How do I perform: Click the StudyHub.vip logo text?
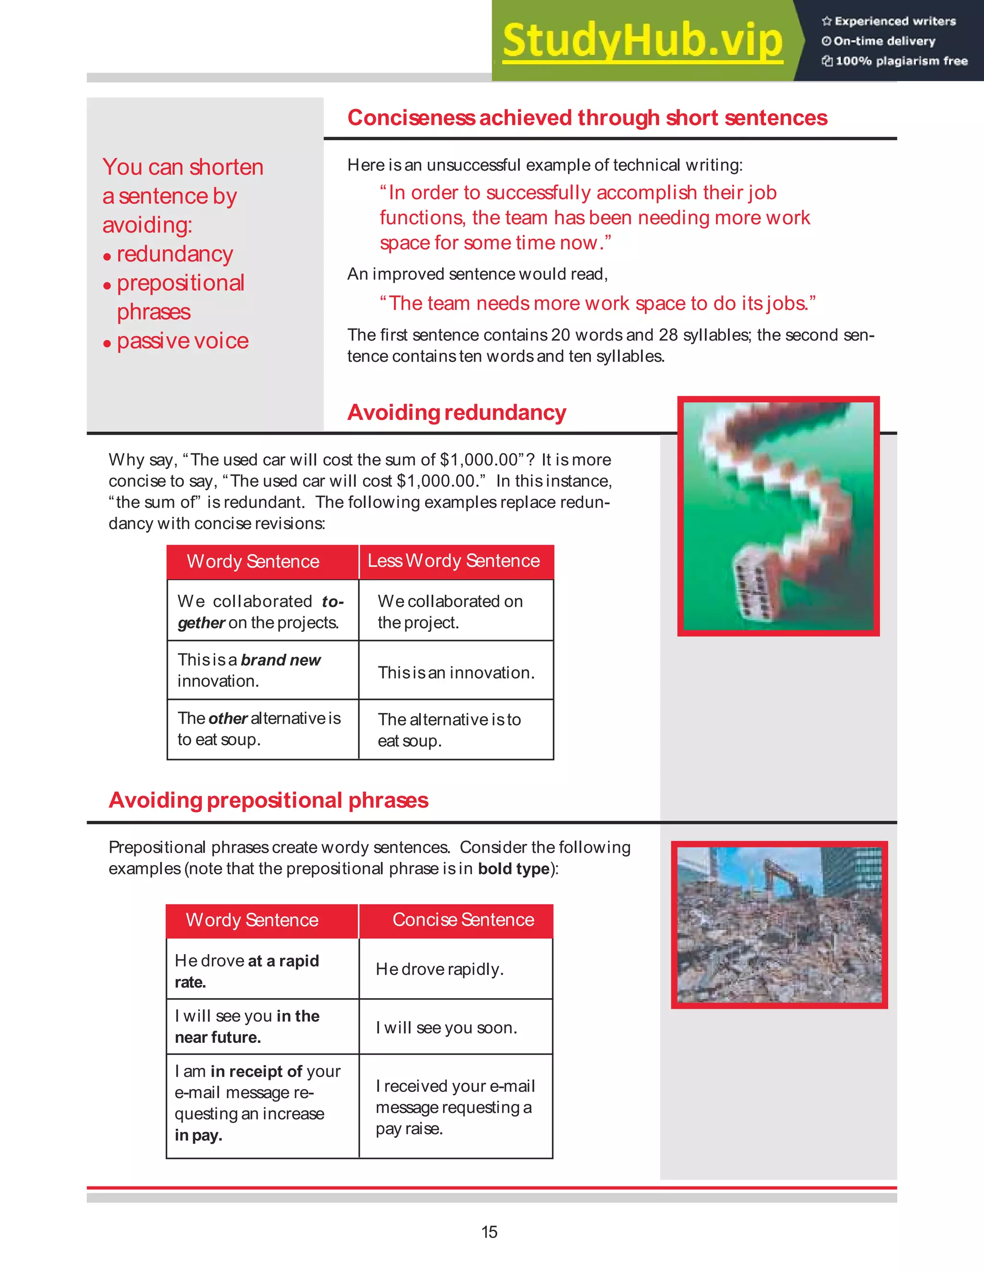pyautogui.click(x=642, y=40)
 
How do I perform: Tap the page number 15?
pyautogui.click(x=489, y=1232)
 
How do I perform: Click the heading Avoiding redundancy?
pyautogui.click(x=456, y=413)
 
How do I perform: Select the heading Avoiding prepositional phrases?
pyautogui.click(x=269, y=800)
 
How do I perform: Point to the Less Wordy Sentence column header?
pyautogui.click(x=454, y=561)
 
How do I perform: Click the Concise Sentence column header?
pyautogui.click(x=463, y=920)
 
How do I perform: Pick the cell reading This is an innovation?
pyautogui.click(x=456, y=673)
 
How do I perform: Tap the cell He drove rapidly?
pyautogui.click(x=440, y=969)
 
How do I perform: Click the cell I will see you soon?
pyautogui.click(x=446, y=1028)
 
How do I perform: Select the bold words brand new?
pyautogui.click(x=281, y=660)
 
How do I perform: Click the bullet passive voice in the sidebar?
pyautogui.click(x=183, y=341)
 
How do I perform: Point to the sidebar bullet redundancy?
pyautogui.click(x=174, y=254)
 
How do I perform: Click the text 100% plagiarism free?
pyautogui.click(x=901, y=61)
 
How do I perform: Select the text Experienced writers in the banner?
pyautogui.click(x=895, y=22)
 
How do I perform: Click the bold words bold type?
pyautogui.click(x=514, y=869)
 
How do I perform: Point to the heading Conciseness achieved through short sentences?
pyautogui.click(x=587, y=118)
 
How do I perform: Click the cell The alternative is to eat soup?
pyautogui.click(x=449, y=730)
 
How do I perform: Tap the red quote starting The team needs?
pyautogui.click(x=598, y=304)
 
